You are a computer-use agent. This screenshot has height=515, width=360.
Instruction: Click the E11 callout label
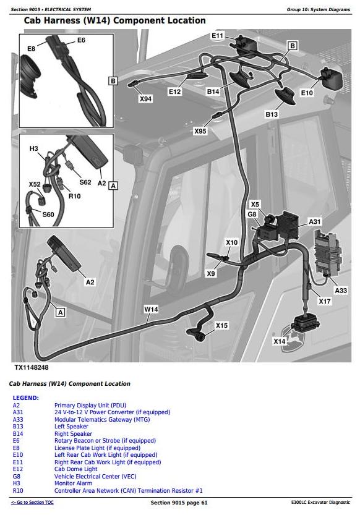(x=218, y=35)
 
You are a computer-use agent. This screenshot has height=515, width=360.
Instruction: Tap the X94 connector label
(x=145, y=99)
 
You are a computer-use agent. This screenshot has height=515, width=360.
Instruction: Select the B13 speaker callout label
(x=272, y=114)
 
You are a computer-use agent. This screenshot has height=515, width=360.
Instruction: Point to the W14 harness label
(x=151, y=309)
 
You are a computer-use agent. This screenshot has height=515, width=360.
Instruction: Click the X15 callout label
(x=221, y=325)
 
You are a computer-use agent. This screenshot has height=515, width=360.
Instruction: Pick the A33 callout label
(x=341, y=291)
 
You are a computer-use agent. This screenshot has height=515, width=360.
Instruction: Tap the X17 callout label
(x=325, y=301)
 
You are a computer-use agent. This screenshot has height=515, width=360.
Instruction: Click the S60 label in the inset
(x=48, y=215)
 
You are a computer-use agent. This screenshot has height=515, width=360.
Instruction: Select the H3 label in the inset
(x=34, y=148)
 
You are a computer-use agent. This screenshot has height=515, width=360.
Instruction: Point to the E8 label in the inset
(x=31, y=49)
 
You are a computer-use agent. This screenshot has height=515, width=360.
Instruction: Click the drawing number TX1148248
(x=32, y=367)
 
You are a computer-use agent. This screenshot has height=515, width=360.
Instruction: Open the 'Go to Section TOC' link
(x=32, y=503)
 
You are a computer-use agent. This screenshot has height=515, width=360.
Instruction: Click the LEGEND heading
(x=25, y=398)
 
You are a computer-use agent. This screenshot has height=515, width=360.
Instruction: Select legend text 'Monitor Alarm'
(x=73, y=483)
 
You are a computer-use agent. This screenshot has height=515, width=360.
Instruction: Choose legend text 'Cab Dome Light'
(x=76, y=469)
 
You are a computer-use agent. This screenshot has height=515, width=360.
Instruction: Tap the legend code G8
(x=17, y=476)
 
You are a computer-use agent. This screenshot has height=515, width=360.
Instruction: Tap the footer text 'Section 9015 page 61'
(x=179, y=503)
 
